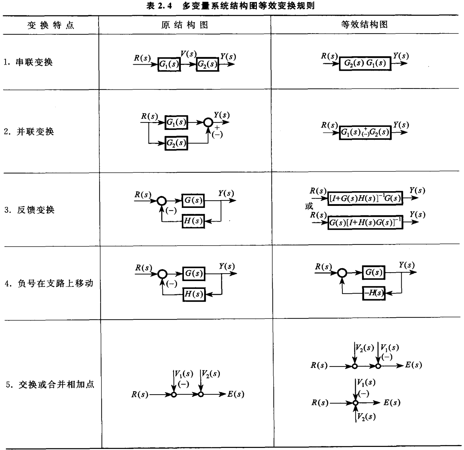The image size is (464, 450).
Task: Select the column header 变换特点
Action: click(51, 25)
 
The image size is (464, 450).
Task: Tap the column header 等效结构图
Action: click(364, 25)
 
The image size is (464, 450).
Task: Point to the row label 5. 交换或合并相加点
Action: click(50, 384)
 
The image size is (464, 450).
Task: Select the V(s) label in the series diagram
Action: click(188, 54)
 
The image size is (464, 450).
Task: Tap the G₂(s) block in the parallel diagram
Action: click(176, 143)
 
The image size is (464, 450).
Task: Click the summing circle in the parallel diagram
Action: click(208, 122)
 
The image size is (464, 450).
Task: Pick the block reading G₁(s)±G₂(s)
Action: click(365, 132)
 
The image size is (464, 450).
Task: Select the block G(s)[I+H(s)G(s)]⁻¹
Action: click(365, 223)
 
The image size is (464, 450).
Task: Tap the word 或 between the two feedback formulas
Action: click(309, 206)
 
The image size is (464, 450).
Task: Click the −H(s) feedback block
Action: click(374, 293)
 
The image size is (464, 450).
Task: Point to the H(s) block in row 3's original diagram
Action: click(194, 221)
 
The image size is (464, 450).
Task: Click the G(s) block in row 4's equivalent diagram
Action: click(374, 273)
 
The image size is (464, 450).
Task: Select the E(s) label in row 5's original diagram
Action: click(236, 394)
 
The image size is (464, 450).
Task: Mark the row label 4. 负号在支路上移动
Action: click(49, 283)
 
